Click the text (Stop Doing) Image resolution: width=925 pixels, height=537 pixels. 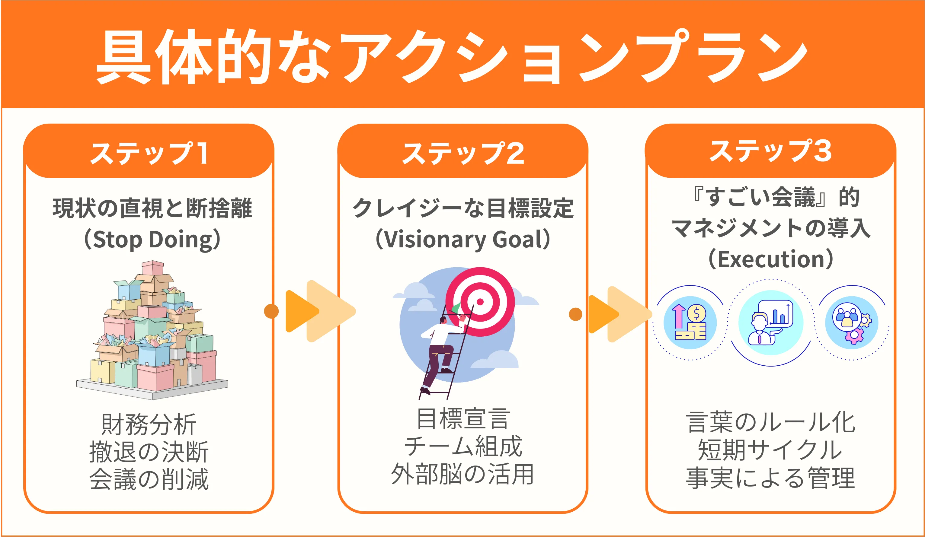coord(152,240)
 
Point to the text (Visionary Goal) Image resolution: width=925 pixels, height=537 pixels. coord(463,240)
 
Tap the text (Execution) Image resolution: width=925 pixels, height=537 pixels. coord(770,260)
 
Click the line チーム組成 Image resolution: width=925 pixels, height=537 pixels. coord(463,446)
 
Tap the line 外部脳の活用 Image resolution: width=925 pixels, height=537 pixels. coord(463,474)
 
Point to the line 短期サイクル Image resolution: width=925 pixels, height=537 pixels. coord(770,450)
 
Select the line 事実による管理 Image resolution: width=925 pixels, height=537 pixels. coord(770,478)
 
